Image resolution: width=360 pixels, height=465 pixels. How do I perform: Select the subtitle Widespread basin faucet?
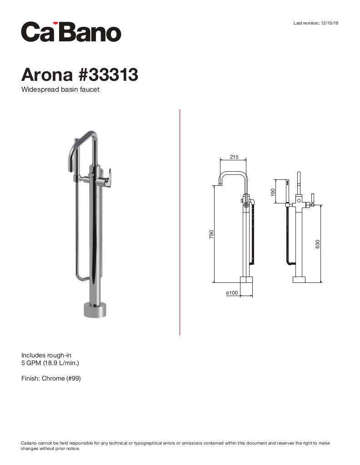(x=60, y=89)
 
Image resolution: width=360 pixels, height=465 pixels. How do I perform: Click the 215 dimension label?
(x=234, y=157)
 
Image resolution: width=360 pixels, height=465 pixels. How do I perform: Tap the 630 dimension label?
(x=318, y=243)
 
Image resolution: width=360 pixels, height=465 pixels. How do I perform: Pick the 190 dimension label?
(x=273, y=193)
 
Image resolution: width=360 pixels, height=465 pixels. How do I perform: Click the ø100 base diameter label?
(x=232, y=293)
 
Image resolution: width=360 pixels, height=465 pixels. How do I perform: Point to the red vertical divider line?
(x=180, y=223)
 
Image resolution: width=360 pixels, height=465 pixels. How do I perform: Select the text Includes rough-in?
(x=46, y=355)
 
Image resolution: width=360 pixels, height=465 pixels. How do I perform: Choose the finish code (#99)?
(x=74, y=378)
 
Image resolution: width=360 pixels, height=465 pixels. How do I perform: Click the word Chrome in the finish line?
(x=53, y=378)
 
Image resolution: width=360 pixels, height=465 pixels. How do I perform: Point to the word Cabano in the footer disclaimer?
(x=30, y=443)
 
